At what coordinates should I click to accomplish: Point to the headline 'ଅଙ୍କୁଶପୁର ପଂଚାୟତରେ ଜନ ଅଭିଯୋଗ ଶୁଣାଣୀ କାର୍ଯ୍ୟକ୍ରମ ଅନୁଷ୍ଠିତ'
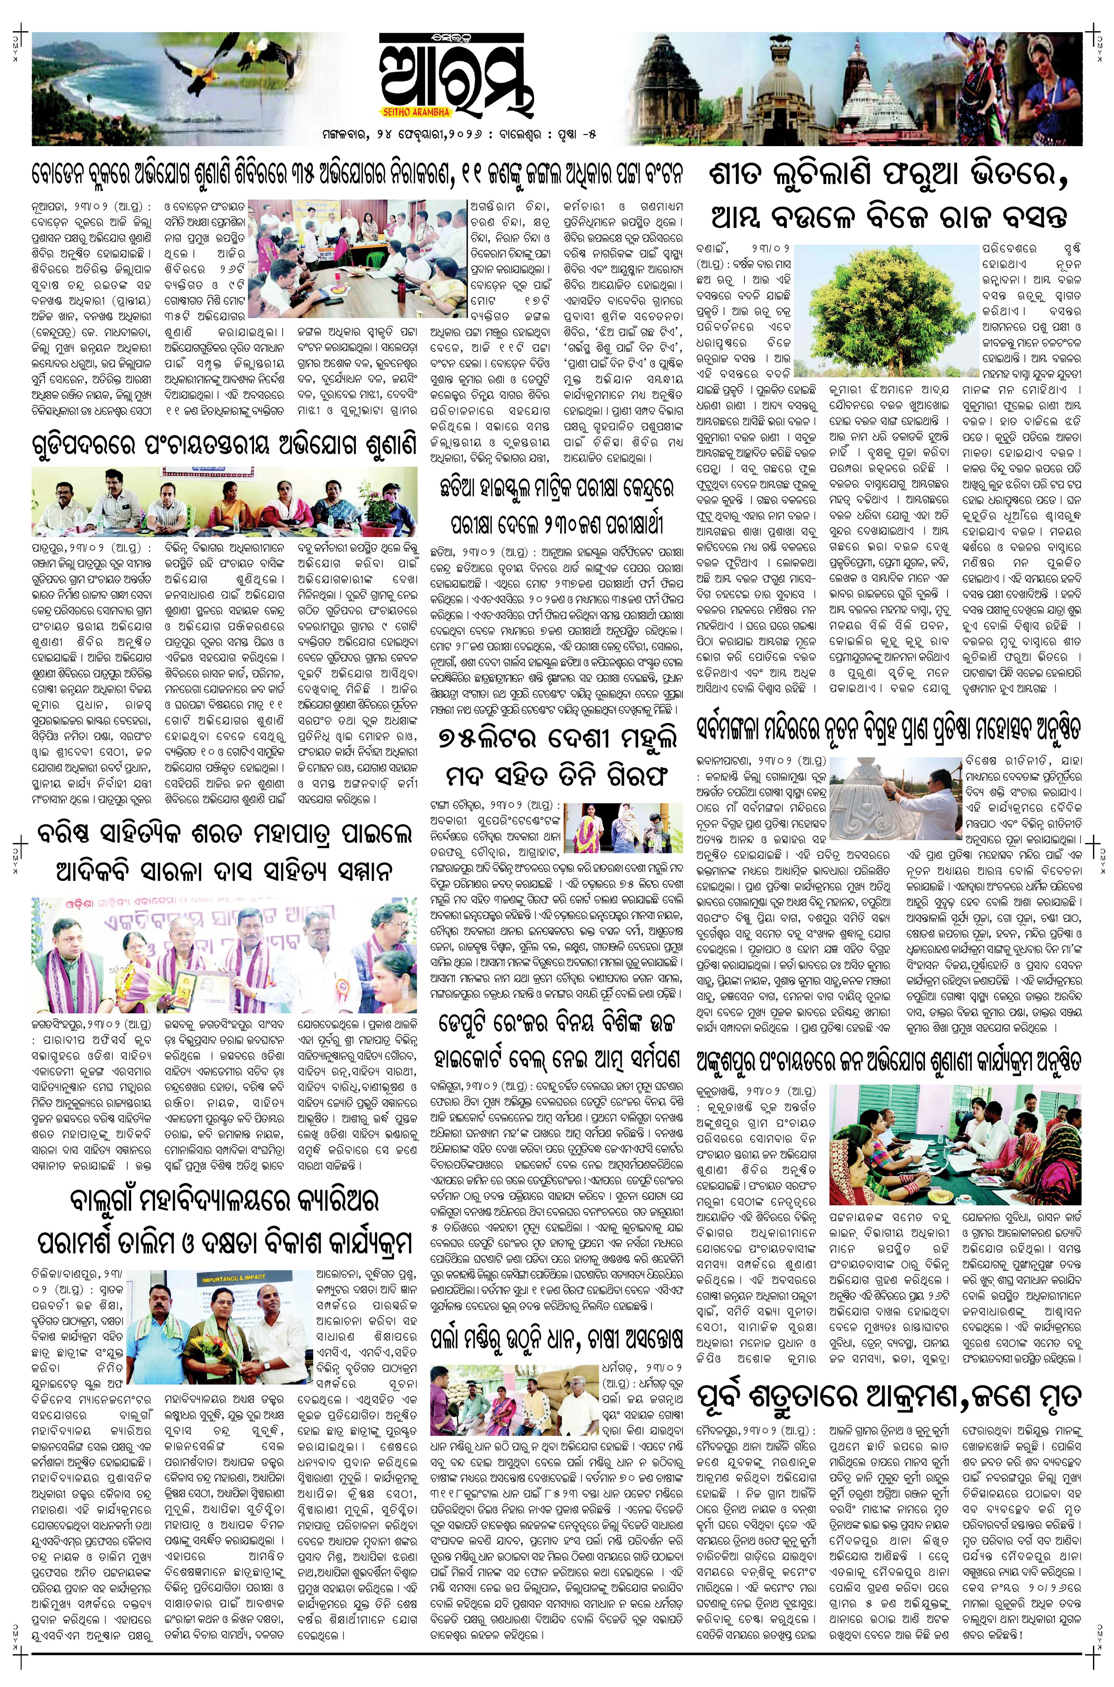890,1062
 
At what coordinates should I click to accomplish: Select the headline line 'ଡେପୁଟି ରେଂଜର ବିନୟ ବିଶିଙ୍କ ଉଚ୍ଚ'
556,1023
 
